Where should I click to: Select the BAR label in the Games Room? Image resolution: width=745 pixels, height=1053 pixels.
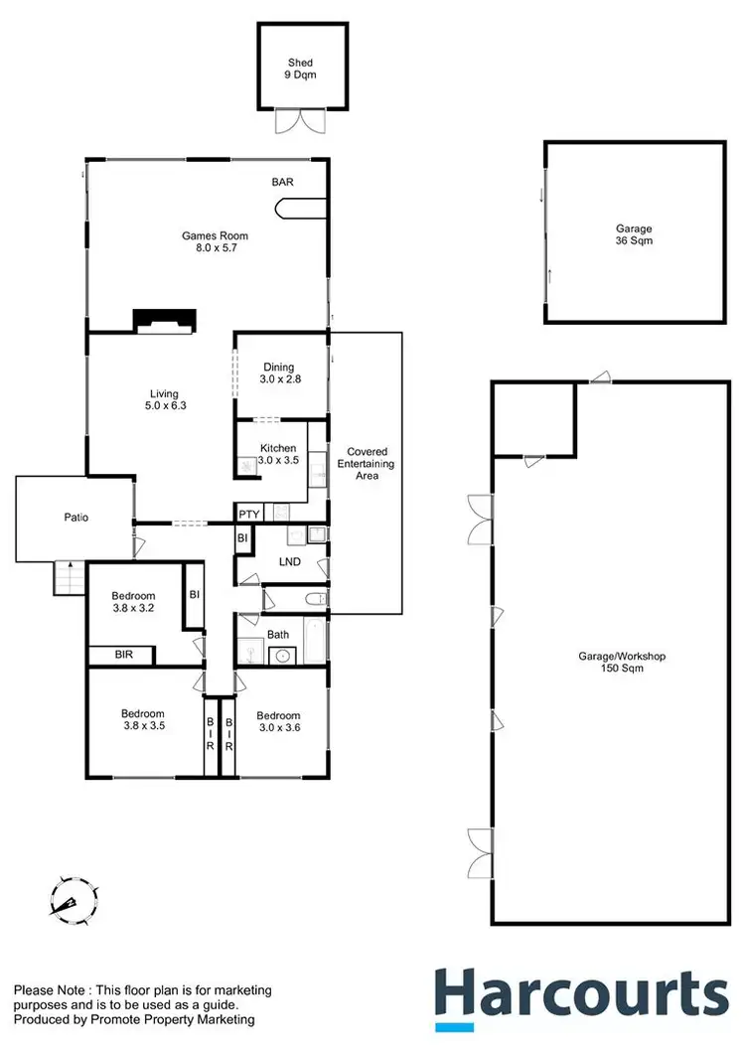coord(283,183)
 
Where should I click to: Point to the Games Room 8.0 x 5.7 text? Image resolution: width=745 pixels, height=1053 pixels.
coord(214,241)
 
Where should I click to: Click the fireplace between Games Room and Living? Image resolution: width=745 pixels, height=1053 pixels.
coord(166,320)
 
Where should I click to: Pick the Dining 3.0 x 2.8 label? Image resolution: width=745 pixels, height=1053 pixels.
coord(278,374)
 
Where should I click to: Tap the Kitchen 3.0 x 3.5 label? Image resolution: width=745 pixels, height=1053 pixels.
coord(278,454)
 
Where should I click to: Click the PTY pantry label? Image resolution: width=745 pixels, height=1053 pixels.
coord(248,514)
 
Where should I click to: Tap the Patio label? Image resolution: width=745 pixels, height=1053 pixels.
coord(77,518)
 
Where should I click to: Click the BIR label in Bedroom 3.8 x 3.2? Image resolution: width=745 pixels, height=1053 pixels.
coord(124,656)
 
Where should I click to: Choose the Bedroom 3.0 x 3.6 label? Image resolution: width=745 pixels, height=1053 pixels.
coord(278,722)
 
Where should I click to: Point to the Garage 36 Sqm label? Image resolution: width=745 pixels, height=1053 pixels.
coord(634,234)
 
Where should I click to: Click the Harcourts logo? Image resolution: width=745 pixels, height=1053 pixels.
coord(581,996)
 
